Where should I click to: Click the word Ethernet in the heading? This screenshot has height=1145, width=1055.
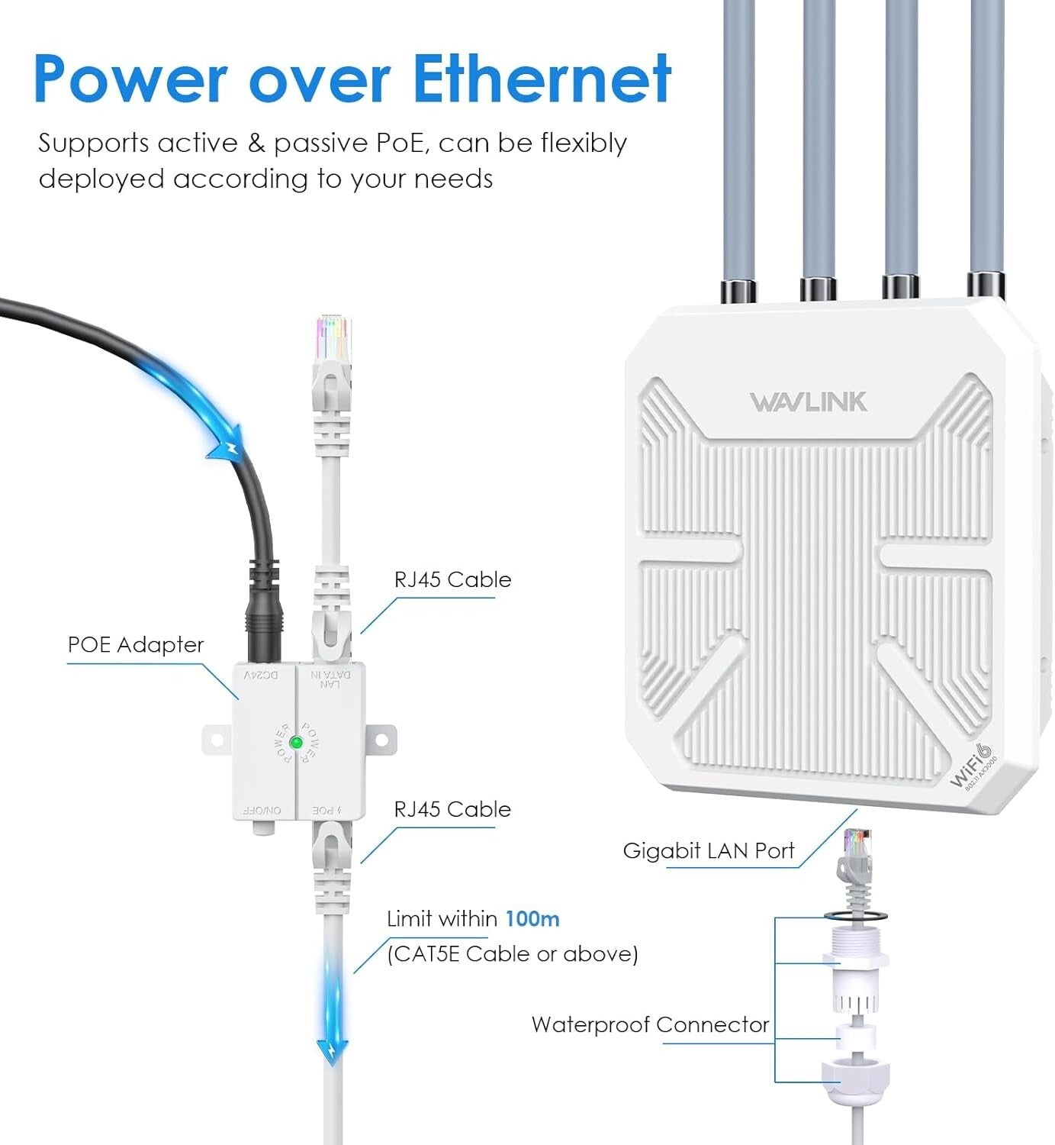coord(542,79)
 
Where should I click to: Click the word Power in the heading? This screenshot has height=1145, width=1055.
coord(130,79)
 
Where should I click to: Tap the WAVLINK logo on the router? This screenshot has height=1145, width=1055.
coord(808,402)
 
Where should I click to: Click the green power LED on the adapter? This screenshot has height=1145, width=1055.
coord(297,742)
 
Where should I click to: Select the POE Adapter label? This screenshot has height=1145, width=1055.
coord(136,645)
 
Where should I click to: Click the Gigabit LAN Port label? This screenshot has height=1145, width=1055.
coord(709,850)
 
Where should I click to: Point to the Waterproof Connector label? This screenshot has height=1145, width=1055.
coord(650,1024)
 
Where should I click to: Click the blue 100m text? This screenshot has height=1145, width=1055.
coord(532,918)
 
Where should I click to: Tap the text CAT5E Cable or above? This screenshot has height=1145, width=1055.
coord(512,953)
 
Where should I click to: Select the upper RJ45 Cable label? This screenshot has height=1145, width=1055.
coord(452,579)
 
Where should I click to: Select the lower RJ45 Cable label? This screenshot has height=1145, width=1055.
coord(452,809)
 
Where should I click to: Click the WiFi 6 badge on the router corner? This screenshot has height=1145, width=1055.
coord(973,766)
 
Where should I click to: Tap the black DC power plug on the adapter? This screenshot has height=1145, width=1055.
coord(263,618)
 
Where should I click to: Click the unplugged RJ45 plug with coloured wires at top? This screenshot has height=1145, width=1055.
coord(333,343)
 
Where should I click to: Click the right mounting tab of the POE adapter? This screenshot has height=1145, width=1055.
coord(381,739)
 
